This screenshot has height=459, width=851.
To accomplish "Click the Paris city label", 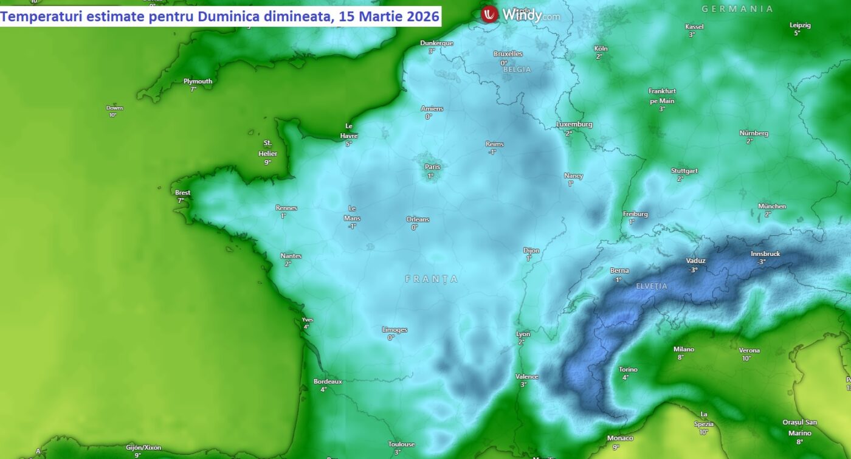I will coord(432,167).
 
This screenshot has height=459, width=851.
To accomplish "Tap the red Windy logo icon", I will coord(489,15).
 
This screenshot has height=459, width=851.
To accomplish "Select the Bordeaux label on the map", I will coord(328,381).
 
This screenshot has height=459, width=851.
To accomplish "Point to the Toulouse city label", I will coord(401,444).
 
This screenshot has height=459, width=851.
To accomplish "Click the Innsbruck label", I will coord(765,254).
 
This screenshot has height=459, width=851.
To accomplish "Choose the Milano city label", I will coord(683,349).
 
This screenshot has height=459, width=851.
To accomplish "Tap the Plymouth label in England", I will coord(198,81).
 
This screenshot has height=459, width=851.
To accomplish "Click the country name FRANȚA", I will coord(432,279).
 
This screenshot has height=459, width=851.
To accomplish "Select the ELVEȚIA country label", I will coord(652,286).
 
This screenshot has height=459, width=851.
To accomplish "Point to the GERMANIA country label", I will coord(737,9).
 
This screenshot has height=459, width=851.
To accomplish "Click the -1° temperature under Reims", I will coord(492,152).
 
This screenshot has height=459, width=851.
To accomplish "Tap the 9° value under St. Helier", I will coord(267,162).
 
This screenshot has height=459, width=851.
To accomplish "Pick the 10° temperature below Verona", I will coord(746,358).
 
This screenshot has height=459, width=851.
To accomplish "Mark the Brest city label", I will coord(182,193).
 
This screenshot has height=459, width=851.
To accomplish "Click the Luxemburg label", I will coord(574,125).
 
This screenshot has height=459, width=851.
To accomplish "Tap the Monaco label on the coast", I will coord(620,438).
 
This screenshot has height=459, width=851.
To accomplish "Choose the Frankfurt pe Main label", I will coord(662,95).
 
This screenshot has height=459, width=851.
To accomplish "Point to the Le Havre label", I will coord(349,131).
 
